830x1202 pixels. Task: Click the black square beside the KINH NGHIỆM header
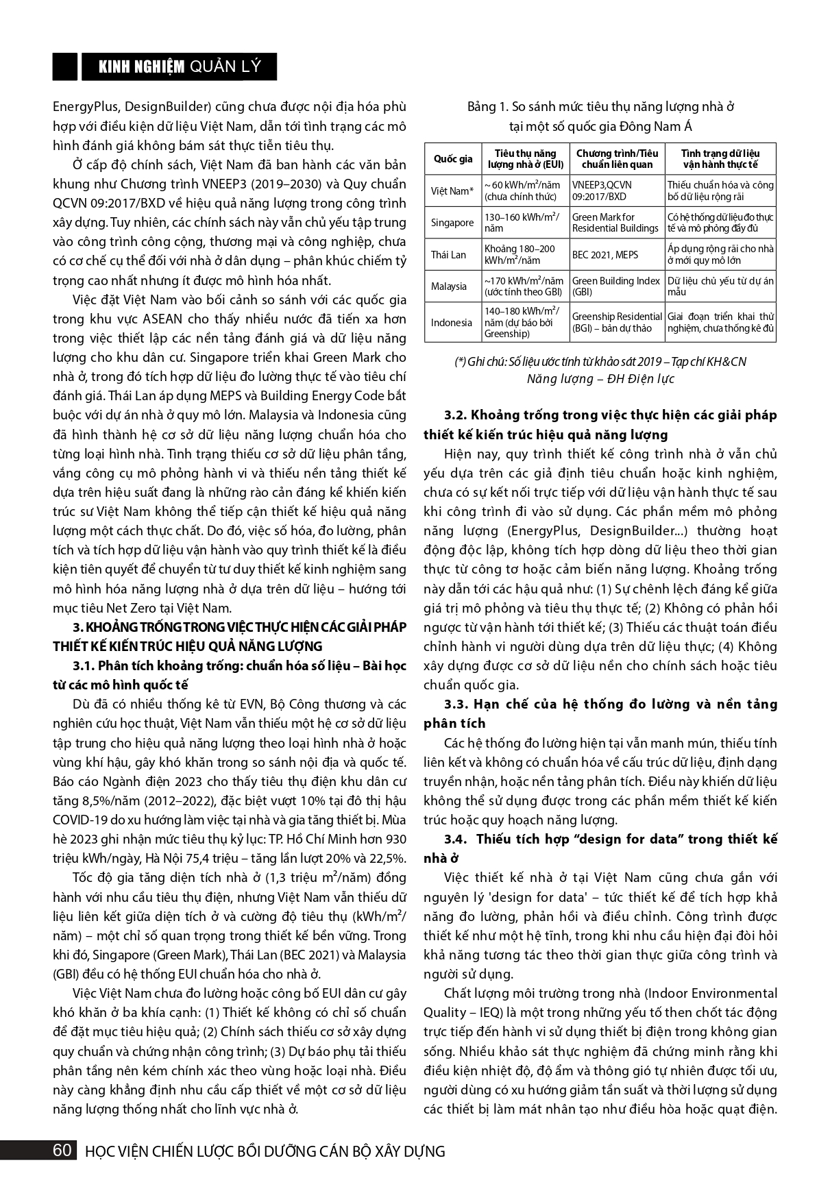coord(65,66)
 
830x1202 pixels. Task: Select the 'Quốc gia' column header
coord(453,159)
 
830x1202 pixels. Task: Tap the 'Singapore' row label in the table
coord(452,223)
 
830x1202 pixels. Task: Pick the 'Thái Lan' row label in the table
coord(448,255)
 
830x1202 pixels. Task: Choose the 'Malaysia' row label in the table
coord(449,286)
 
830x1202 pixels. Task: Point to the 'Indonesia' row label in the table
coord(451,323)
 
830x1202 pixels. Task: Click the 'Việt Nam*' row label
coord(452,191)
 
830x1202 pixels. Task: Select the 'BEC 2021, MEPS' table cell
coord(605,255)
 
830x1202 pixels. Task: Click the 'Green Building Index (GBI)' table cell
coord(615,286)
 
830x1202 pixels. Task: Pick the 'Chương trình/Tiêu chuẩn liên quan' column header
coord(617,159)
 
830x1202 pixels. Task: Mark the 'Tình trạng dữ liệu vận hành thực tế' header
coord(720,159)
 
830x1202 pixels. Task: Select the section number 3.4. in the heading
coord(456,839)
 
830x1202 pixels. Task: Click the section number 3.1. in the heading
coord(84,665)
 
